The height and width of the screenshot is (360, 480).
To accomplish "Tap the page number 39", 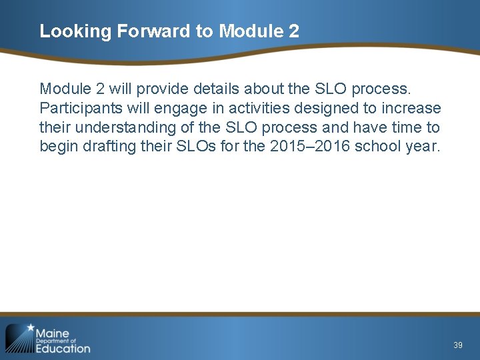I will tap(457, 345).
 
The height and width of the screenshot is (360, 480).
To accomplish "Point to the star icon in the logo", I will tap(30, 328).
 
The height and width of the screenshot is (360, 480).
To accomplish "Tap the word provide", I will tap(161, 89).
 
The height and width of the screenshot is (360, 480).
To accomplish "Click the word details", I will tap(217, 89).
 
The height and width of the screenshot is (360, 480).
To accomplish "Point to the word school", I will tap(379, 147).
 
